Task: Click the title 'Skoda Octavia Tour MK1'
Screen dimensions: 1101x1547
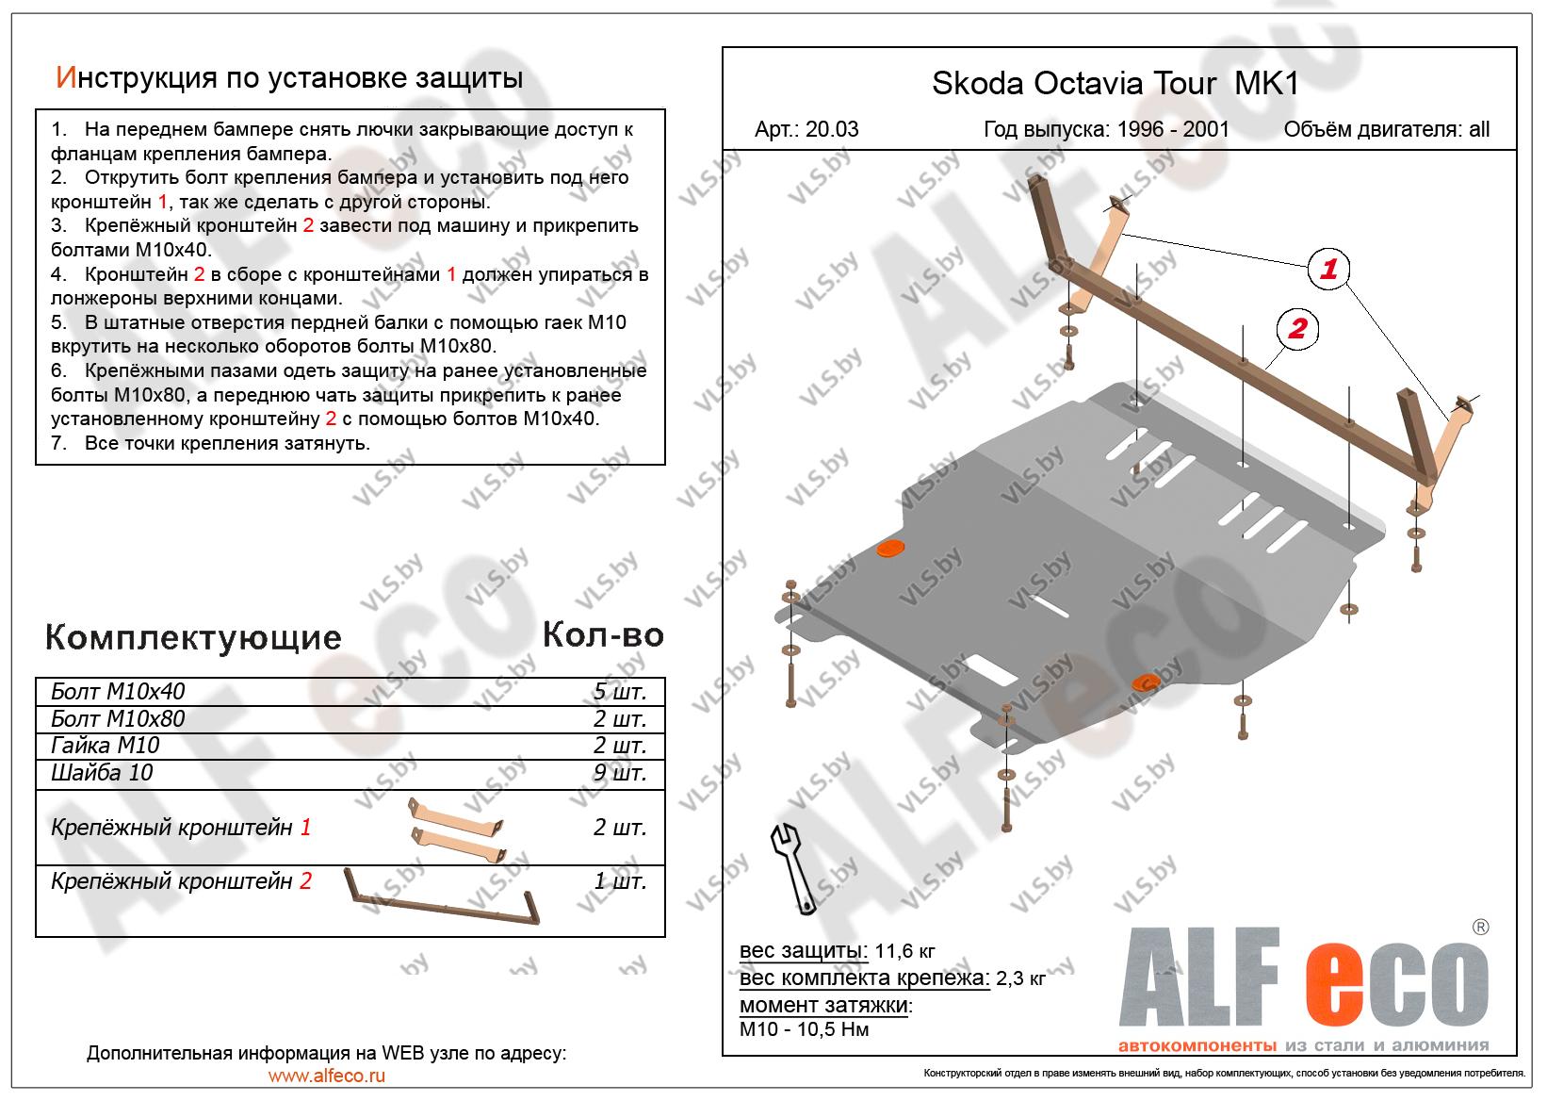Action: pos(1115,84)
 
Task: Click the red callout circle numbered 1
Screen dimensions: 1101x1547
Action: pos(1327,270)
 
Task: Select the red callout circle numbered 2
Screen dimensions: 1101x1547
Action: pos(1298,328)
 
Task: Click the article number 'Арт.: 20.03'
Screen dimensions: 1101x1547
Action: pos(806,129)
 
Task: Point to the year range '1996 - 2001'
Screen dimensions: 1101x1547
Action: pos(1173,129)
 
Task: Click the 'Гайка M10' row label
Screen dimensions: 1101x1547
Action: pos(105,746)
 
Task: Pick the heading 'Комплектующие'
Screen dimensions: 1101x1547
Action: pos(193,638)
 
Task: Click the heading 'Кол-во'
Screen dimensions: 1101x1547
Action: pos(603,635)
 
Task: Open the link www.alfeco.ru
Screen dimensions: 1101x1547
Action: pos(326,1076)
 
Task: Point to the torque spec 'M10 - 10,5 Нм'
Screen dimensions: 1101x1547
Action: pos(805,1028)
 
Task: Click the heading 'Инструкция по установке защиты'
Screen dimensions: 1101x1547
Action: pos(289,77)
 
